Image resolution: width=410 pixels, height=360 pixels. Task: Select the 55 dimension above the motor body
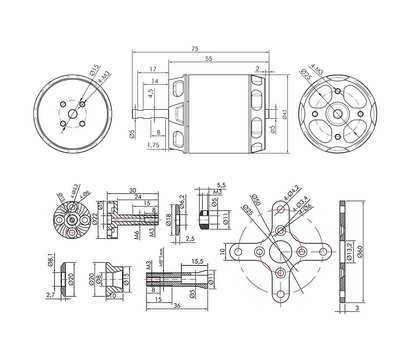(207, 59)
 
